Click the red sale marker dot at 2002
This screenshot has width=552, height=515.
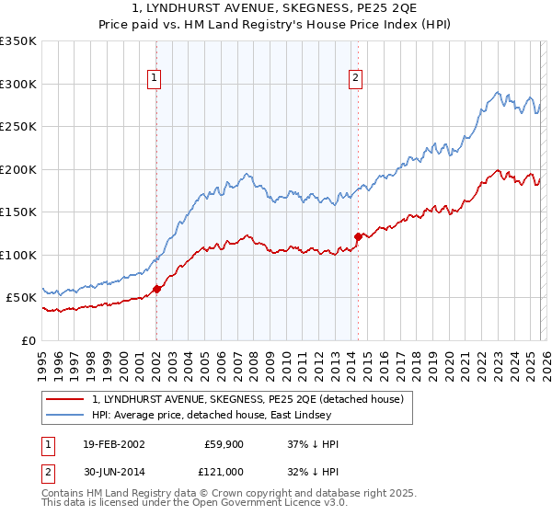(156, 289)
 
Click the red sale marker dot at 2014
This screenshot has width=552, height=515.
(358, 236)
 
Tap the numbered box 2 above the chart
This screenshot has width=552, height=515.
(355, 79)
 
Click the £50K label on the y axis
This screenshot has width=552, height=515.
(21, 298)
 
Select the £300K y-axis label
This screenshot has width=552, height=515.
(17, 84)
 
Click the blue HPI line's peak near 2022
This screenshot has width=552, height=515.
(498, 91)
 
